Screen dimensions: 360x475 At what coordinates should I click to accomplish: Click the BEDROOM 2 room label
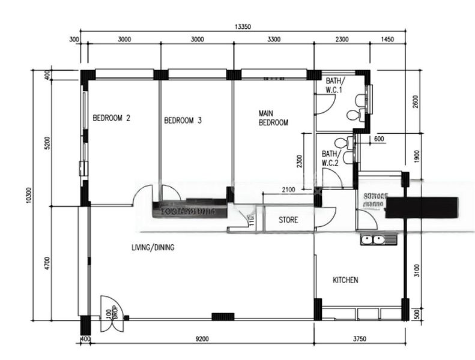tap(111, 118)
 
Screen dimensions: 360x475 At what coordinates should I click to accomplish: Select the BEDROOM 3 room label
tap(183, 121)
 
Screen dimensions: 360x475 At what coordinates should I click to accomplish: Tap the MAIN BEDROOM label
tap(273, 118)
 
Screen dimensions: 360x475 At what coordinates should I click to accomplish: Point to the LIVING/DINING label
tap(153, 247)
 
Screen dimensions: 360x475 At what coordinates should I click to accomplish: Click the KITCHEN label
tap(345, 280)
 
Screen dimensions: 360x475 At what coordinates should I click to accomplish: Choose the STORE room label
tap(288, 220)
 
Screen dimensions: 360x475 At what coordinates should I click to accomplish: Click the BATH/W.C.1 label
tap(334, 85)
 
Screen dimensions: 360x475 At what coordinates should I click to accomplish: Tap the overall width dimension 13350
tap(243, 26)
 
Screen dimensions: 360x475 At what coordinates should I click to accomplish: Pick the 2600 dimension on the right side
tap(416, 102)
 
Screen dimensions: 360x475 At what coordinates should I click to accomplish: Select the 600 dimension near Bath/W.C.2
tap(378, 139)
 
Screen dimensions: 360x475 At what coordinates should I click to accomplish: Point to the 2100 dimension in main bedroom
tap(288, 190)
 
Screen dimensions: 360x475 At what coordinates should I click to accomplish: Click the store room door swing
tap(324, 217)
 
